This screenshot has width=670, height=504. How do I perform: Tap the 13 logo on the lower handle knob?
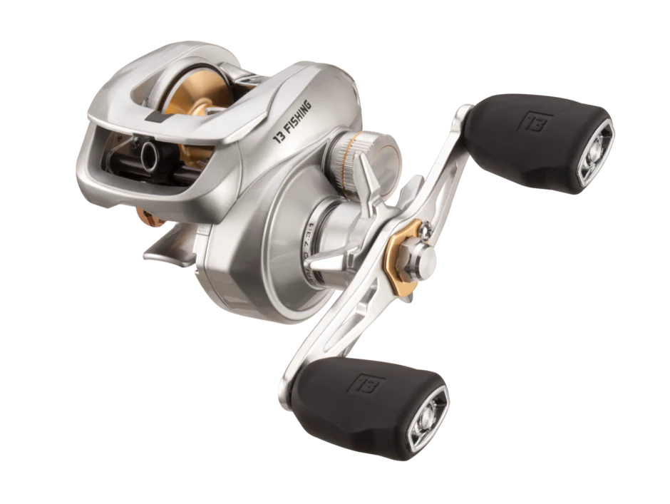tap(359, 381)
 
